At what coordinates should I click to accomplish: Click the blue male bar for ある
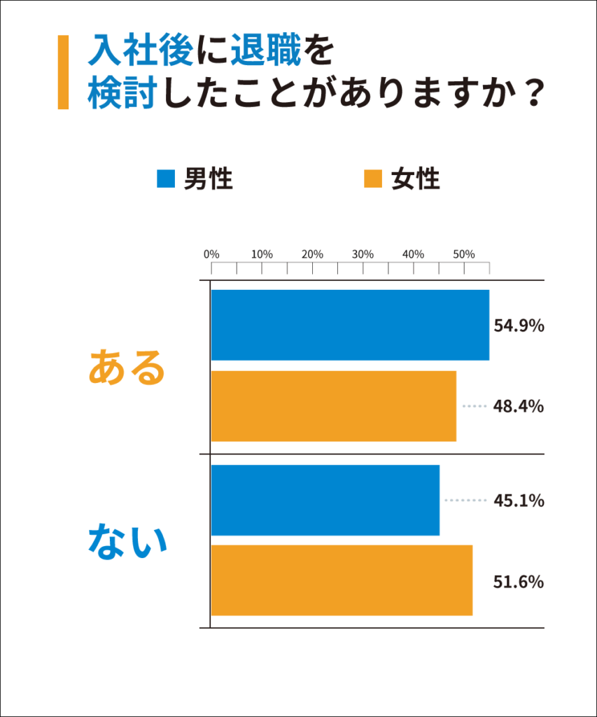point(350,325)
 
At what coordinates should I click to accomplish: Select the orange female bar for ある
point(333,406)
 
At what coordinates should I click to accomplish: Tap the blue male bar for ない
point(325,500)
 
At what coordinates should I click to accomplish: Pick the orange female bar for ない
point(342,580)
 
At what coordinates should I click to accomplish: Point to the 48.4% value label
point(519,406)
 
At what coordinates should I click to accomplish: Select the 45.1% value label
point(519,501)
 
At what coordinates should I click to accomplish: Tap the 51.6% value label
point(519,581)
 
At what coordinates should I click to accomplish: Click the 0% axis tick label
point(211,254)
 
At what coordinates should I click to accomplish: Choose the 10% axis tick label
point(262,254)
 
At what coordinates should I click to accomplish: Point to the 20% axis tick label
point(312,254)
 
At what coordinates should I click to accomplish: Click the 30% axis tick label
point(363,254)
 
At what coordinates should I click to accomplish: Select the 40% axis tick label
point(413,254)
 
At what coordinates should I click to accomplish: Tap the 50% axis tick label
point(463,254)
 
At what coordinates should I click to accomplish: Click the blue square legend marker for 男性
point(165,179)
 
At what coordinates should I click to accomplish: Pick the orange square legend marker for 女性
point(373,179)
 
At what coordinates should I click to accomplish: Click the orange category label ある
point(126,367)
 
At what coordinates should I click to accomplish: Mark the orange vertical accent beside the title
point(63,72)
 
